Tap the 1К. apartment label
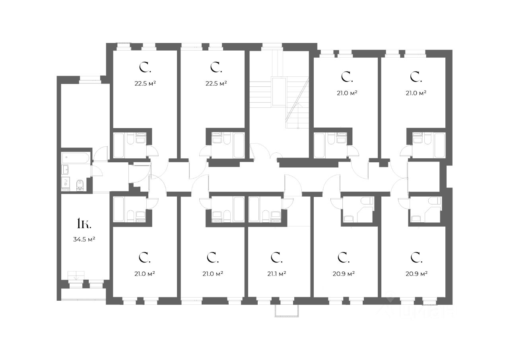[84, 224]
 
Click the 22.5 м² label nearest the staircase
[216, 83]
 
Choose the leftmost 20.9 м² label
[344, 273]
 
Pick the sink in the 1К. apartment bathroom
[66, 170]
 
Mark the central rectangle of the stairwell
[278, 91]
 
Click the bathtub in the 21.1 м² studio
[254, 209]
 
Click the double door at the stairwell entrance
[263, 152]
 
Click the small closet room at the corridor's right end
[424, 177]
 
